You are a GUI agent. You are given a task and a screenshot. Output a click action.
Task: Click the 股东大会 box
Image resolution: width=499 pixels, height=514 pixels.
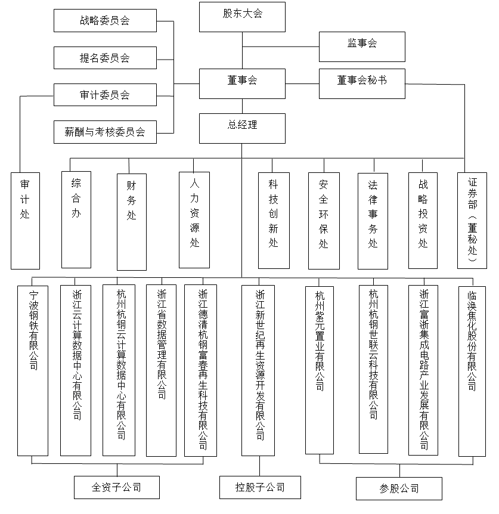click(242, 17)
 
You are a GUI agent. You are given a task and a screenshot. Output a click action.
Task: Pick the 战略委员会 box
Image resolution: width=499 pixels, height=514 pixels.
click(105, 21)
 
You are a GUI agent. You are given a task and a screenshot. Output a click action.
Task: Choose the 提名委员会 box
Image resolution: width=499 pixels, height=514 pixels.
click(105, 58)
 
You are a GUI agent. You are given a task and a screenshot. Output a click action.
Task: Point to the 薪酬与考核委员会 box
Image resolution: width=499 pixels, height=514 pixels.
click(105, 132)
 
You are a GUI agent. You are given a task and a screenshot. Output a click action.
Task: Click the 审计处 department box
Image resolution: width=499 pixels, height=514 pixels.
click(25, 220)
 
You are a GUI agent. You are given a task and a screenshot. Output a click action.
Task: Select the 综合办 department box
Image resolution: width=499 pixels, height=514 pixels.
click(76, 219)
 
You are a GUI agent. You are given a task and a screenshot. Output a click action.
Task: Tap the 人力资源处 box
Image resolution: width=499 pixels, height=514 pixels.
click(194, 219)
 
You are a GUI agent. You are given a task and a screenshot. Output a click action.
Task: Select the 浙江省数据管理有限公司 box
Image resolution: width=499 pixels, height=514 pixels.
click(161, 370)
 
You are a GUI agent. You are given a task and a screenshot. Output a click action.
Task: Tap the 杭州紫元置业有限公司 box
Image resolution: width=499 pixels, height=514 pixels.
click(320, 370)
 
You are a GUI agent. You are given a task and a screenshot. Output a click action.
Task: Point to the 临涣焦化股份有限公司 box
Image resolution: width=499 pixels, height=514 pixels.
click(472, 370)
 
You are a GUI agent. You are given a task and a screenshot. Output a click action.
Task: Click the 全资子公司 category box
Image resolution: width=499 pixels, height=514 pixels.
click(117, 487)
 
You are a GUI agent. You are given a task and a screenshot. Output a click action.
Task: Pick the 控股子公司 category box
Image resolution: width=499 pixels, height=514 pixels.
click(260, 487)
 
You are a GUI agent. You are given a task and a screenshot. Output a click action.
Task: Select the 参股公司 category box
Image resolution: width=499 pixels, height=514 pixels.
click(399, 488)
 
